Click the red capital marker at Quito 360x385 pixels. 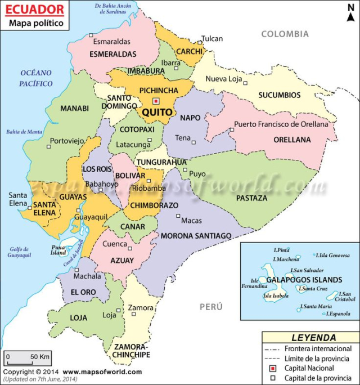[156, 101]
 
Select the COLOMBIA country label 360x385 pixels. [285, 34]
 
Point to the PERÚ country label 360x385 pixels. [211, 307]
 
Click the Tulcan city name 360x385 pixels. [212, 39]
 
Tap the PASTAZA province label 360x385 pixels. [252, 198]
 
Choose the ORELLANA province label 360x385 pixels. [292, 140]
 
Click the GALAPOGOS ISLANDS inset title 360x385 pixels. [304, 280]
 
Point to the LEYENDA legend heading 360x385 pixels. [310, 338]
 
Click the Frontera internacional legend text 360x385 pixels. [318, 349]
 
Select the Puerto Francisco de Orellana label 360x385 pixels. [281, 124]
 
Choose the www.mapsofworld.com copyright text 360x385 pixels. [102, 371]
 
